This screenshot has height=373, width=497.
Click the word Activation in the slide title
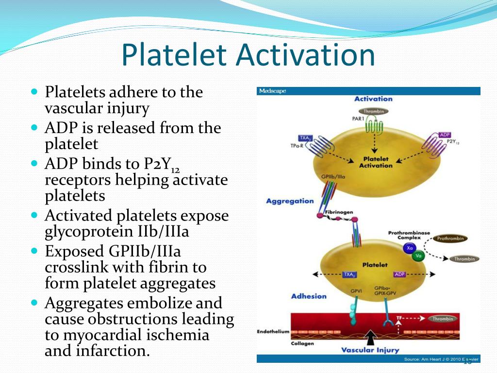coord(306,55)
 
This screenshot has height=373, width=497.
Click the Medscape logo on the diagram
coord(272,91)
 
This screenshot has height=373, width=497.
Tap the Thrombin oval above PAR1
coord(374,111)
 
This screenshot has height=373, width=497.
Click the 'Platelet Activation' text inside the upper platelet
coord(376,162)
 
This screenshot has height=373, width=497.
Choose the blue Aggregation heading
coord(290,201)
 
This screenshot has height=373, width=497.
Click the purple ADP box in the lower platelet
coord(399,274)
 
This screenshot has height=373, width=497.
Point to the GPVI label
coord(356,291)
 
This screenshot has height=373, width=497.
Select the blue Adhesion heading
coord(309,296)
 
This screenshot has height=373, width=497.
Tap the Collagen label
coord(302,343)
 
